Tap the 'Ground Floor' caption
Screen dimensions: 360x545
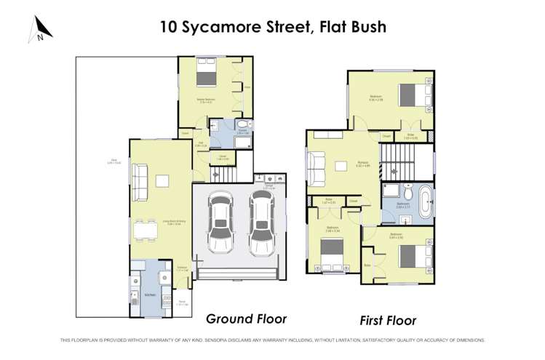246,319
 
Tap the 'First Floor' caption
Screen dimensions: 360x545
388,320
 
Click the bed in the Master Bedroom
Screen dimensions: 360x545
203,77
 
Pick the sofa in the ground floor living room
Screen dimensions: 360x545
139,176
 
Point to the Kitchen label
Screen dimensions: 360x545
150,295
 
